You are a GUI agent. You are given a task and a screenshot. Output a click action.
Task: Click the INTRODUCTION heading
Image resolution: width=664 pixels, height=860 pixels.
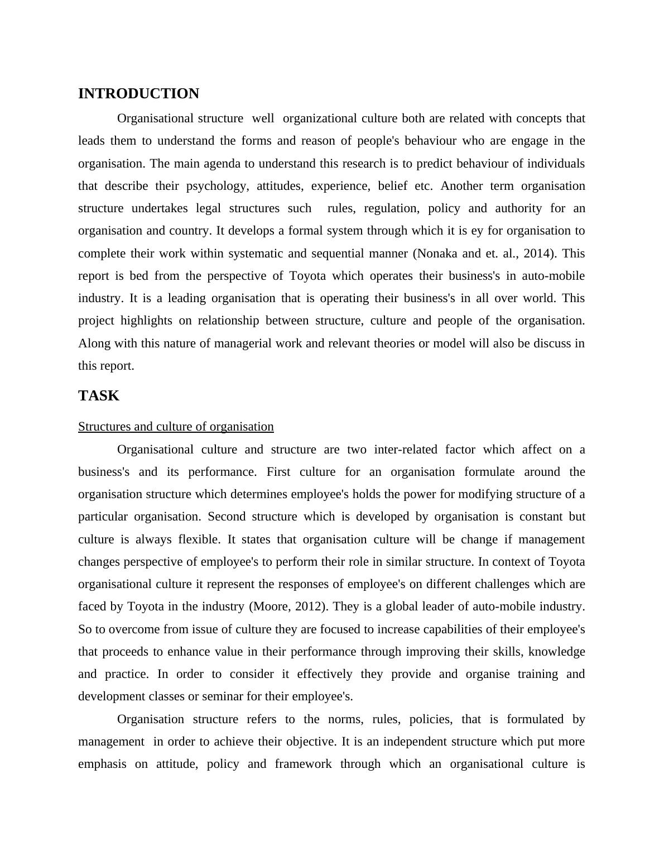point(138,94)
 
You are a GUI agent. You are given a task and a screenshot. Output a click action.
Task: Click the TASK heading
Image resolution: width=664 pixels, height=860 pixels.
point(99,396)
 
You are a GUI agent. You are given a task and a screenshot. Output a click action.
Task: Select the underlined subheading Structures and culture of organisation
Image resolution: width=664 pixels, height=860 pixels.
point(176,427)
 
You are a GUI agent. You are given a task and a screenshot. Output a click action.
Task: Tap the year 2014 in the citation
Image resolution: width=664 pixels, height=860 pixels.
point(538,254)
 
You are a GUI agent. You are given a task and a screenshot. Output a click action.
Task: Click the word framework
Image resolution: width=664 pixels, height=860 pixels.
point(303,764)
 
